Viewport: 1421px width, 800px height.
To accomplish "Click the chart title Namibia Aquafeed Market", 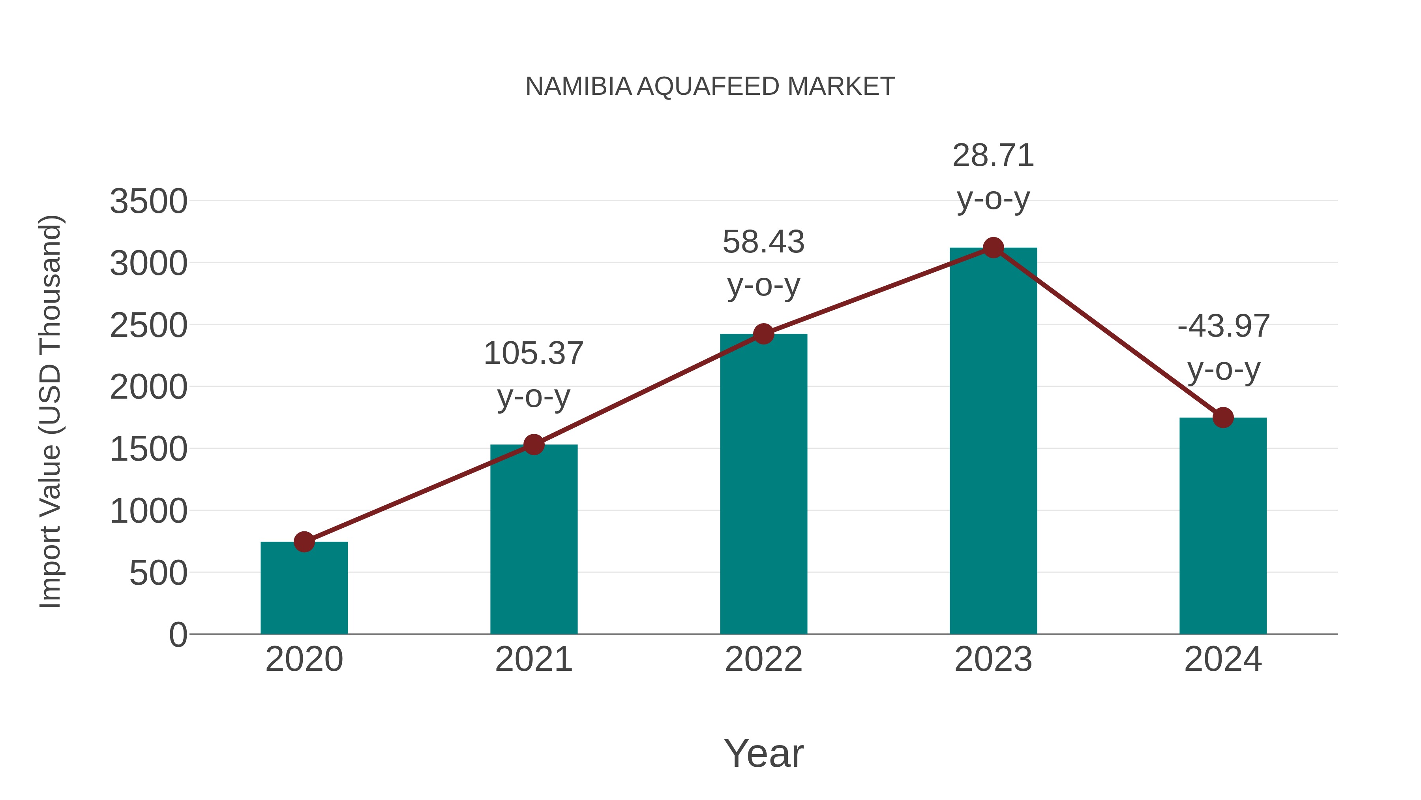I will pos(710,87).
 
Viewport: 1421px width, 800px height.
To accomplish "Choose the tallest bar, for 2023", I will pos(993,441).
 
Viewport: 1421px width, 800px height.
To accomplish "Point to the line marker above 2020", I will pos(304,542).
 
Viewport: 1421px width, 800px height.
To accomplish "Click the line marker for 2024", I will pos(1223,418).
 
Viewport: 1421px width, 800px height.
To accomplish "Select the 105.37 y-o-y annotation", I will pos(533,375).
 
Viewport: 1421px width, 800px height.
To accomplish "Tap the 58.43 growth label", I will pos(763,264).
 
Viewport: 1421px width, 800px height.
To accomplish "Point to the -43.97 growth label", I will pos(1223,347).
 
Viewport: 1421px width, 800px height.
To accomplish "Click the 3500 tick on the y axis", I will pos(148,201).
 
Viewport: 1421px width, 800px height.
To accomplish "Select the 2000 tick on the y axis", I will pos(148,388).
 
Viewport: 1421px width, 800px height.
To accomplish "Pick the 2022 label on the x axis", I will pos(763,659).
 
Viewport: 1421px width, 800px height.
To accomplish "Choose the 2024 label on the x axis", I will pos(1223,659).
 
